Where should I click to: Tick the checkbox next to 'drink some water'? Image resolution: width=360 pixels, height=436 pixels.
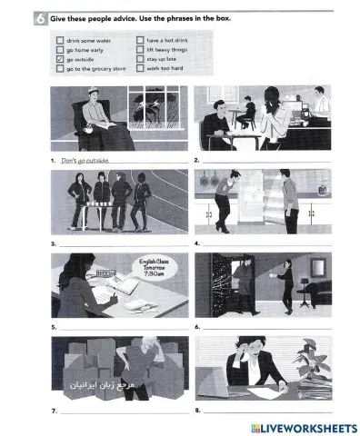click(60, 41)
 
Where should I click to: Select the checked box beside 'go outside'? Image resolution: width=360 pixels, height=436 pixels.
click(60, 59)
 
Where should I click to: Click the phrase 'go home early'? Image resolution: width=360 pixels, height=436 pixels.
click(85, 50)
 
